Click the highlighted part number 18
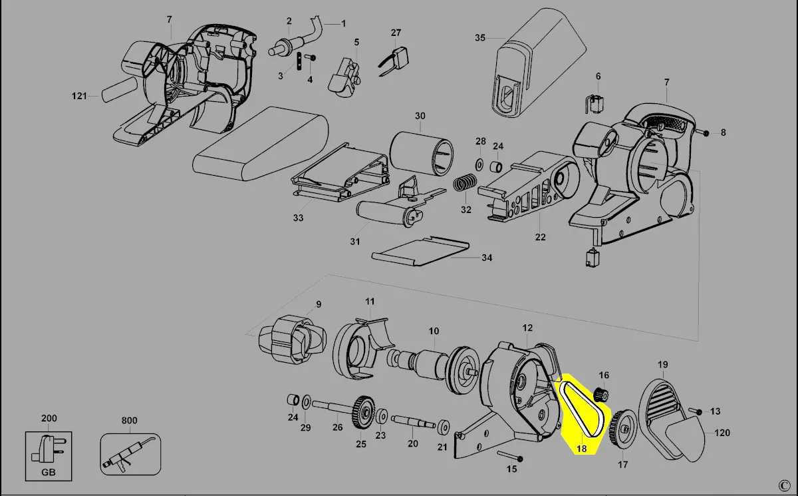point(581,449)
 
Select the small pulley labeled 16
point(601,395)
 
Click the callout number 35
point(480,38)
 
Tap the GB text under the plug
point(49,472)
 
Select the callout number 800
point(129,420)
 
